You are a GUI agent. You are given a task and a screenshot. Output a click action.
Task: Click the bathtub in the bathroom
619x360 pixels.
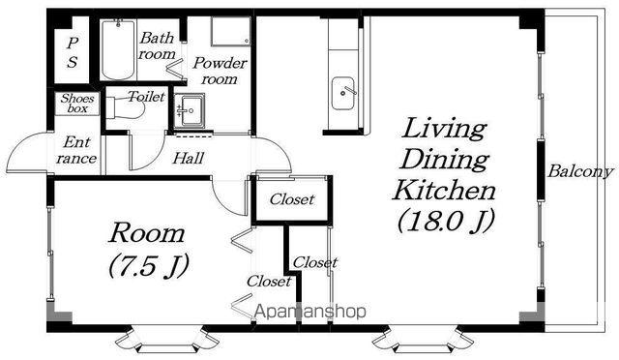pos(118,49)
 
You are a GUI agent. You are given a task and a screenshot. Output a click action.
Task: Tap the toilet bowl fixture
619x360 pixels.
pos(125,107)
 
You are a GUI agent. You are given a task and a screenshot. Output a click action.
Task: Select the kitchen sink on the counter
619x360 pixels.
pos(343,93)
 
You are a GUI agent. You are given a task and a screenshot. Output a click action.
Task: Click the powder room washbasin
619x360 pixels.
pos(190,110)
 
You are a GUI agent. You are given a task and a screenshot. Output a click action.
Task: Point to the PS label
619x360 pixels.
pos(72,52)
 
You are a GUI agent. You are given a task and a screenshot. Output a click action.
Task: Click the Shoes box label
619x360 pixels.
pos(77,104)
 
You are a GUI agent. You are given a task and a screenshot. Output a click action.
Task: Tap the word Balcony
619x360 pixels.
pos(580,171)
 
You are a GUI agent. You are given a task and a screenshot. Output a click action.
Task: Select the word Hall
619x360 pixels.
pos(189,159)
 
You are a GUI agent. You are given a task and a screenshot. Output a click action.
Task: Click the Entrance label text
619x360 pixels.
pos(76,150)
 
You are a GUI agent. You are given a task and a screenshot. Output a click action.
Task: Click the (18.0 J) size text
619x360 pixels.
pos(446,221)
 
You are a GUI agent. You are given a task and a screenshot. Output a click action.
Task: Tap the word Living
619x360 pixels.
pos(444,130)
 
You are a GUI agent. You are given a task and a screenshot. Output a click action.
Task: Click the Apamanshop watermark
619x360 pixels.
pos(310,312)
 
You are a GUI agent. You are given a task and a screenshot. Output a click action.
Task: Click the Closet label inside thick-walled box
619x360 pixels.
pos(292,199)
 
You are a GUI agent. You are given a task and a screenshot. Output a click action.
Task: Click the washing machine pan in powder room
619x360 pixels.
pos(230,31)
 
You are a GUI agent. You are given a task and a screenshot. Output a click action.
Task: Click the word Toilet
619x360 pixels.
pos(146,97)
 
